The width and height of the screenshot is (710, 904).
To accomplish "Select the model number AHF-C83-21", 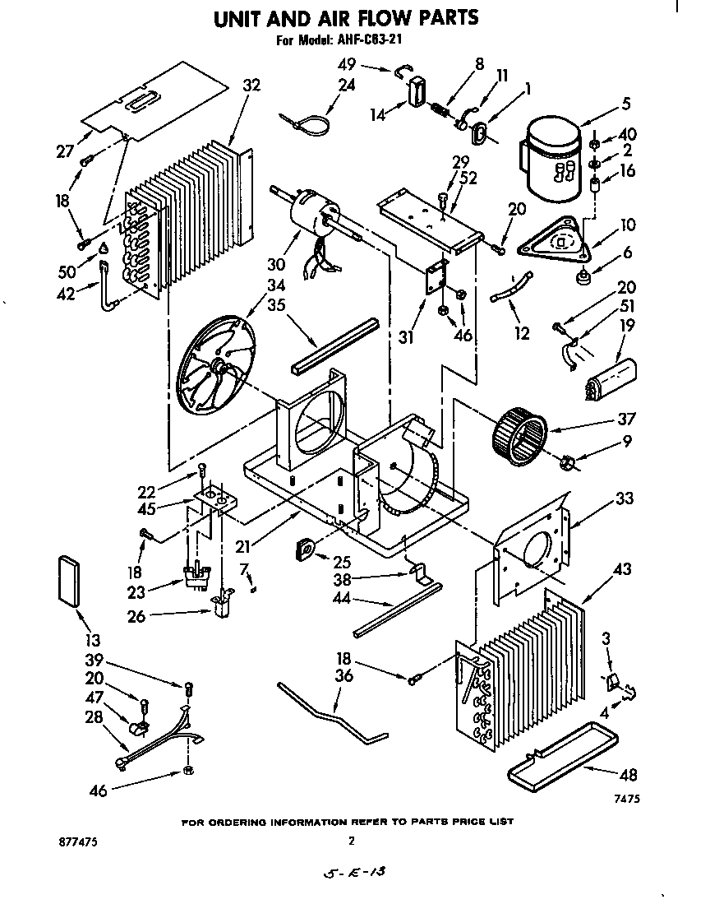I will [367, 39].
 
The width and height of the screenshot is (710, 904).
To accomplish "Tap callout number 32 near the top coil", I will [251, 85].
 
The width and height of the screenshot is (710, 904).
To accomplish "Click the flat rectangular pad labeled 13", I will [69, 582].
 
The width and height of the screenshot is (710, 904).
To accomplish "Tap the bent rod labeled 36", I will [333, 715].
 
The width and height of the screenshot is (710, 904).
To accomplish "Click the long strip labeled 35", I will [334, 345].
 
